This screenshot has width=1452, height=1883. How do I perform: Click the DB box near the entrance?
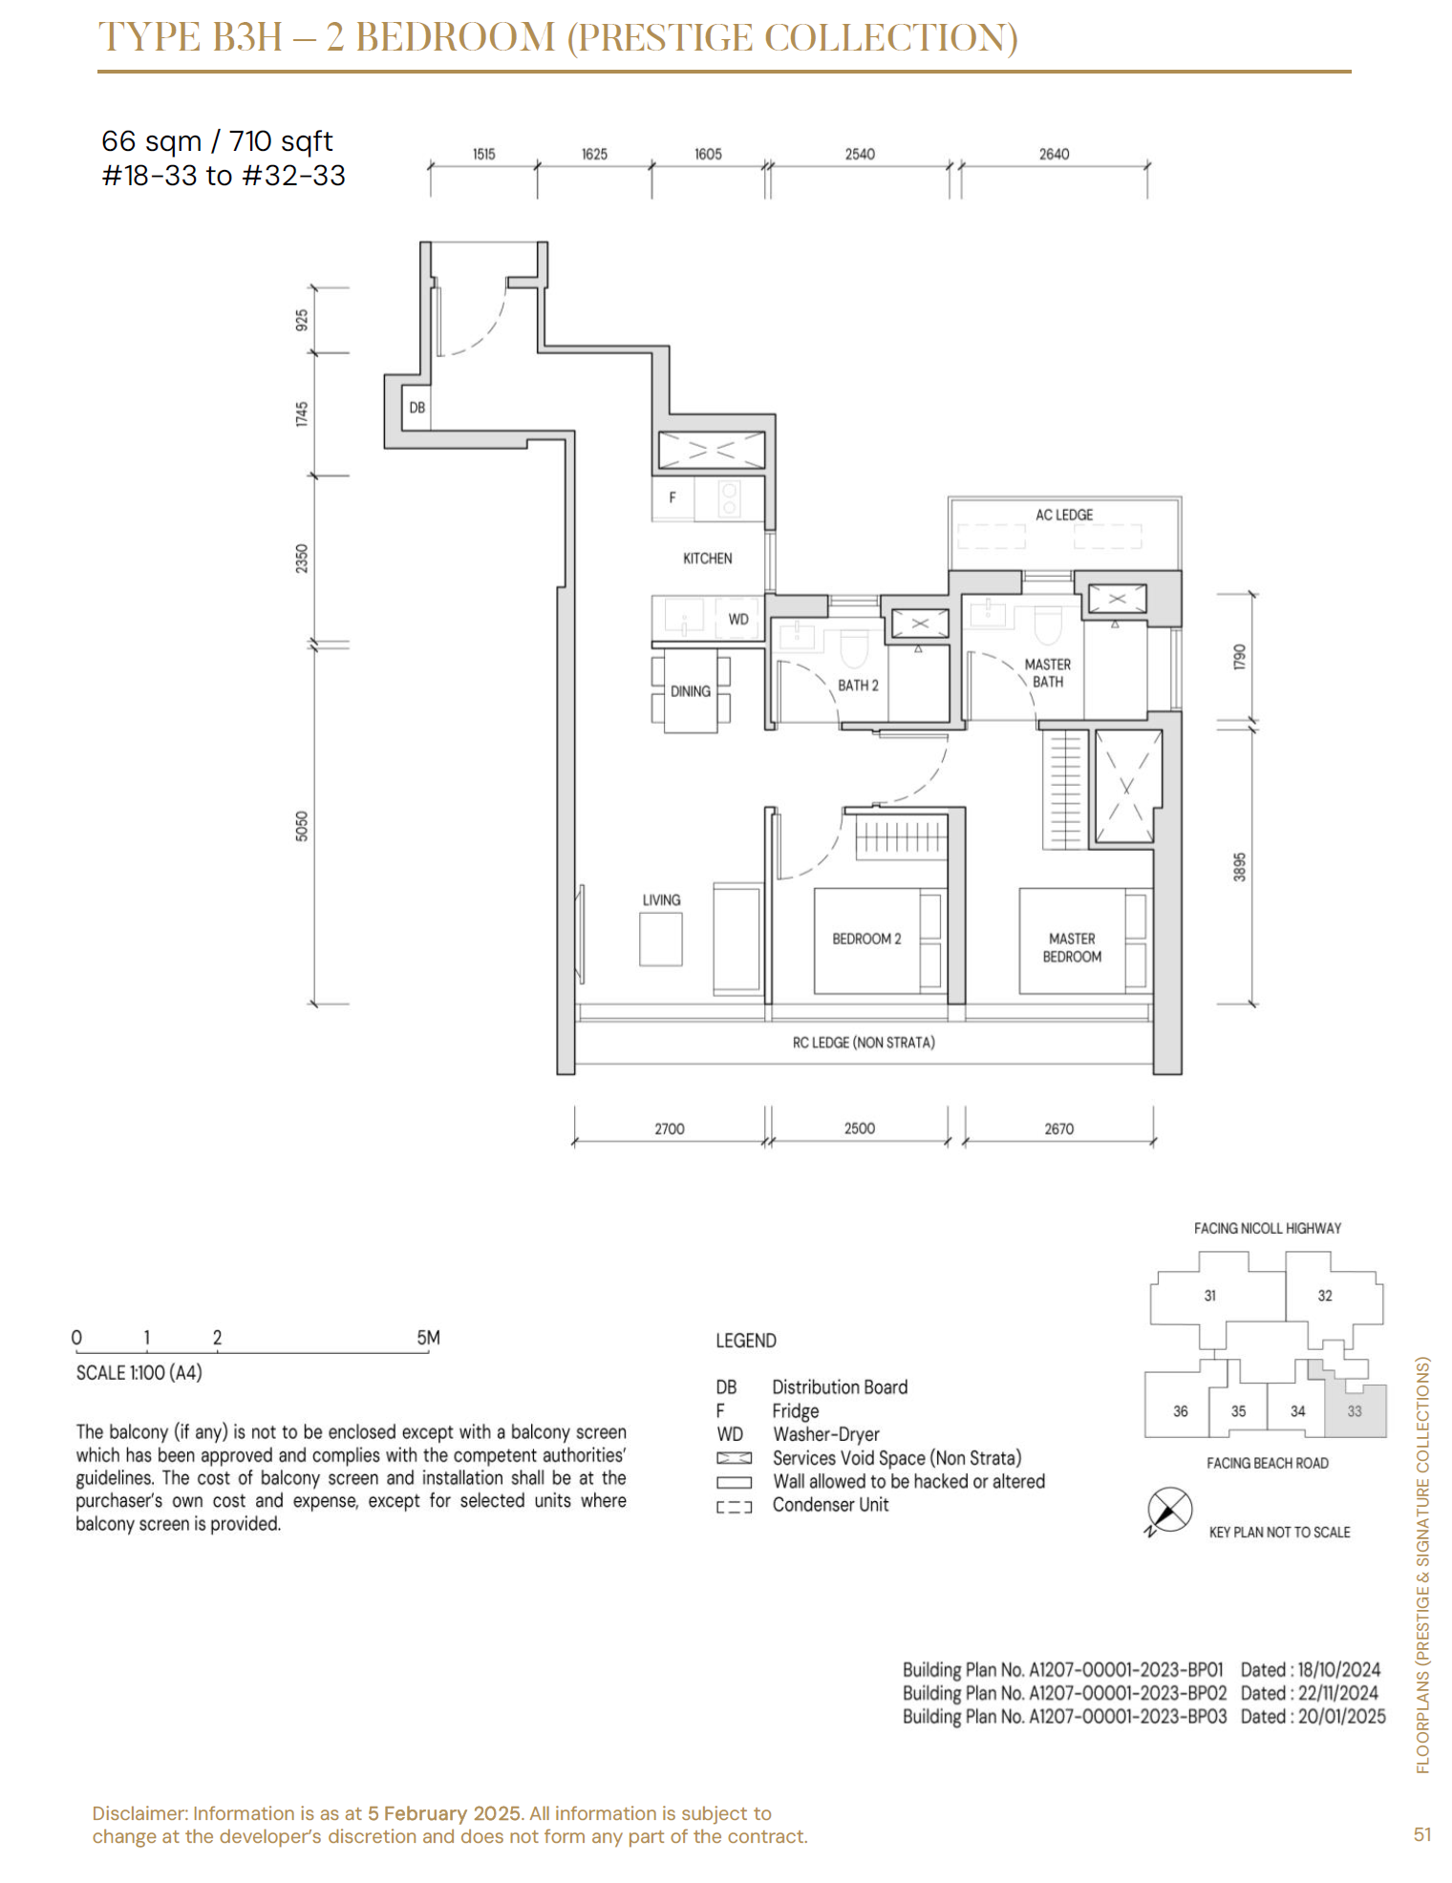click(416, 408)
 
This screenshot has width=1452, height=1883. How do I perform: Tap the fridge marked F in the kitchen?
click(673, 497)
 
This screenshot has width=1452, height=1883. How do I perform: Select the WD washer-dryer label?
click(738, 619)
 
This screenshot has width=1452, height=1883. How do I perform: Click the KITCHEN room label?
click(708, 559)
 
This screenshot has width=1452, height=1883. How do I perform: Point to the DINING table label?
click(691, 691)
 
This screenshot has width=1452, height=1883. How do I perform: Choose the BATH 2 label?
click(858, 686)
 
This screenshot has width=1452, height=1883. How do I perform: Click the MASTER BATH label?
click(1048, 673)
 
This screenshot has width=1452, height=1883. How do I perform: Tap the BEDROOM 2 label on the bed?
click(866, 939)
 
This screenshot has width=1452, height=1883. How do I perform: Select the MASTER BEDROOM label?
click(1072, 947)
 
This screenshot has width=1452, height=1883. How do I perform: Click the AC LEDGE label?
click(1064, 515)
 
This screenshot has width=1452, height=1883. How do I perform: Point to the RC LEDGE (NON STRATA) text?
click(864, 1043)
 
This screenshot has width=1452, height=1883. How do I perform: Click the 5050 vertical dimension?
click(302, 826)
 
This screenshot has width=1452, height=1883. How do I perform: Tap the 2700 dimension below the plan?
click(670, 1129)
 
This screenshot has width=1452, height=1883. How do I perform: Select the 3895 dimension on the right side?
click(1240, 866)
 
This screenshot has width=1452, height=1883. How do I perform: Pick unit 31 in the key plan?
click(1210, 1296)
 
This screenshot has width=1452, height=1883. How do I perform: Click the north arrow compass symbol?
click(1169, 1512)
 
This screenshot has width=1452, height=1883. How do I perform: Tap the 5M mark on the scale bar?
click(428, 1338)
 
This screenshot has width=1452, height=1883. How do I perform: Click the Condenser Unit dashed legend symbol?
click(734, 1507)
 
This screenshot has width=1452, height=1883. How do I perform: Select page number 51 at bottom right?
click(1422, 1833)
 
